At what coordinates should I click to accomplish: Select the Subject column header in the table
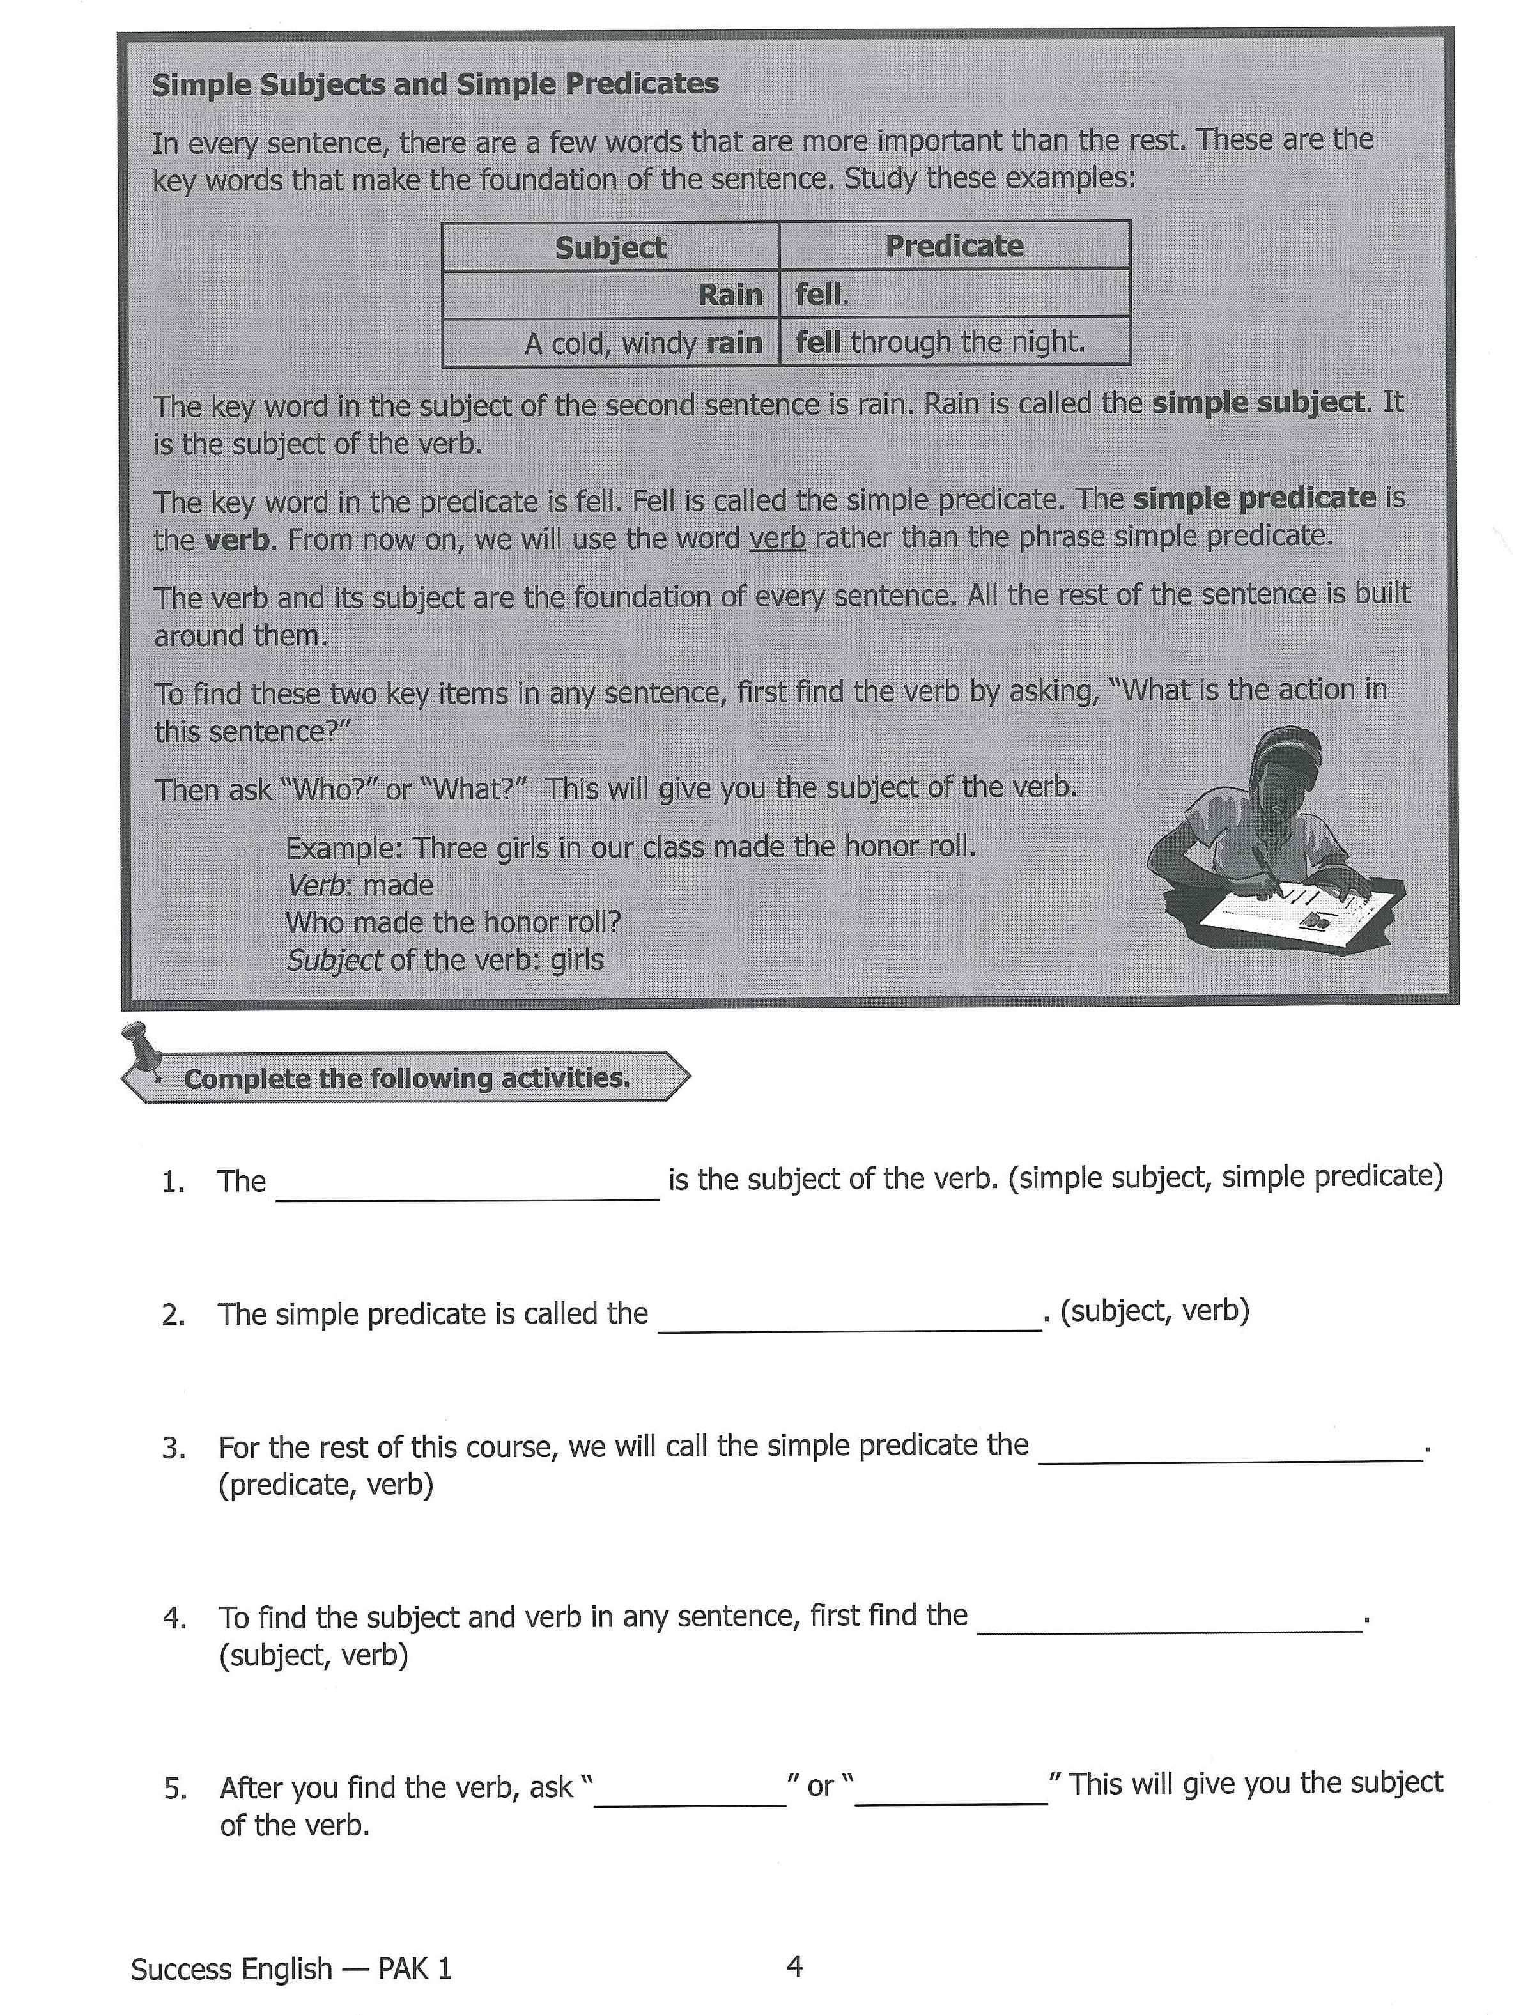point(610,247)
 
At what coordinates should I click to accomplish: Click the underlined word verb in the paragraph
point(777,537)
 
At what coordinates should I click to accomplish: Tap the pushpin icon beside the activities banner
point(142,1047)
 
